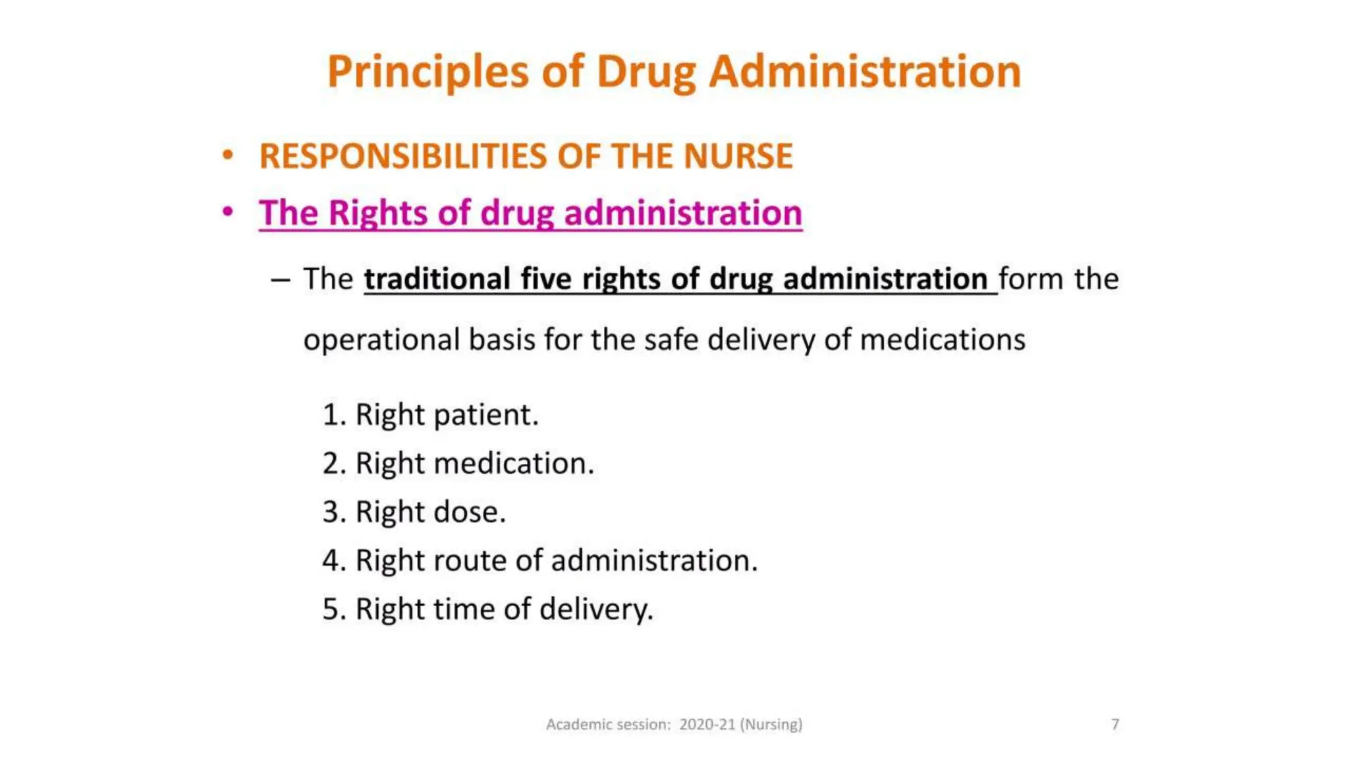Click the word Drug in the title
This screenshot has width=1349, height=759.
point(646,72)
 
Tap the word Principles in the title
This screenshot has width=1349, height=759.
point(427,72)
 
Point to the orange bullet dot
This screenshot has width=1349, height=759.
point(228,155)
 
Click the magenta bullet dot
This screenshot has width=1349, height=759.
point(228,212)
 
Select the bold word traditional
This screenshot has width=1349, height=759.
point(437,279)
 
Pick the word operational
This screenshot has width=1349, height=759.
point(381,340)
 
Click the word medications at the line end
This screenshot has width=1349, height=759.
point(943,340)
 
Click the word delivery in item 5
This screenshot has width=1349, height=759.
point(596,609)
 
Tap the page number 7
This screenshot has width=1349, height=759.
point(1115,725)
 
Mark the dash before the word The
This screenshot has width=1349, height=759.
point(280,280)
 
